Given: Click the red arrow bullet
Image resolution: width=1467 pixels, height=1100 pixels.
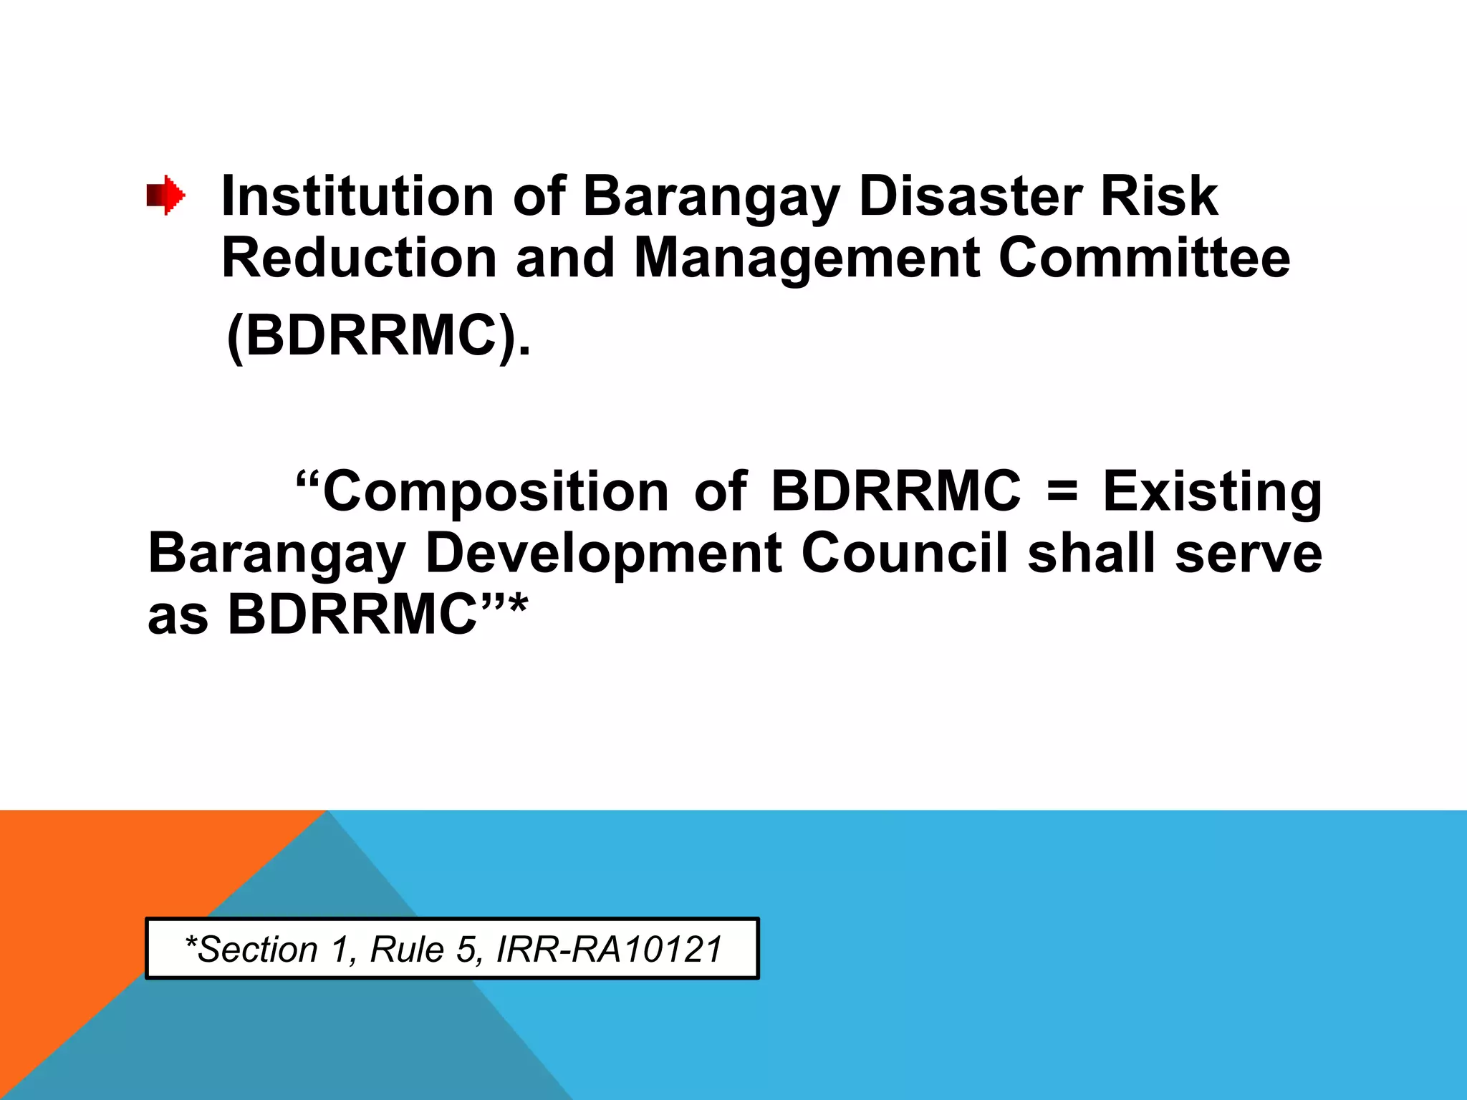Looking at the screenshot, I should pyautogui.click(x=166, y=195).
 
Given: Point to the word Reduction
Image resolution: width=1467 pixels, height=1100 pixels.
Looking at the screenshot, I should pyautogui.click(x=359, y=258).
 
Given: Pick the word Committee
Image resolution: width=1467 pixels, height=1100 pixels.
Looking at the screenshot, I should pyautogui.click(x=1144, y=258).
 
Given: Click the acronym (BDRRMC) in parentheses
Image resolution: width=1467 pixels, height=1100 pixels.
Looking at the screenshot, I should pyautogui.click(x=378, y=336).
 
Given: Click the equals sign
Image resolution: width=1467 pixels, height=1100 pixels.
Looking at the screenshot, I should pyautogui.click(x=1062, y=491).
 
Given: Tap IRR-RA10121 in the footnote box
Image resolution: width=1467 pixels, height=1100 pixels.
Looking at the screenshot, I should pyautogui.click(x=609, y=950).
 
